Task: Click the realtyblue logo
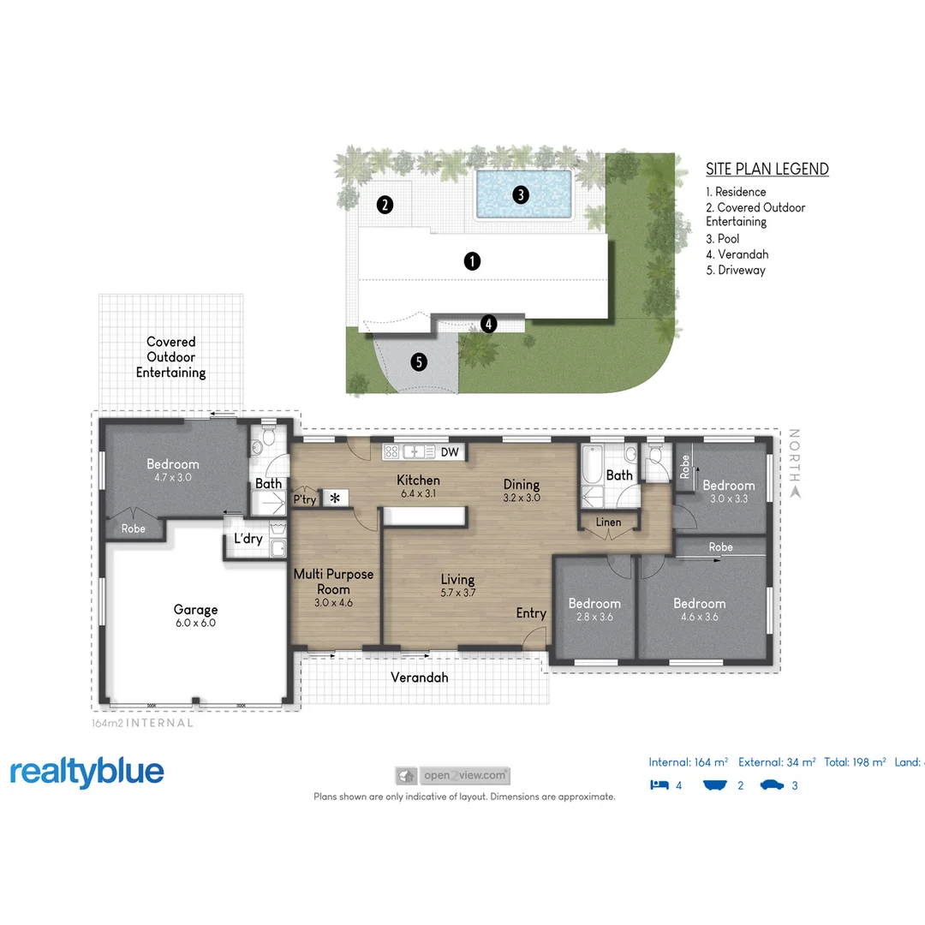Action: tap(87, 772)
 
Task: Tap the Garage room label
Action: tap(195, 610)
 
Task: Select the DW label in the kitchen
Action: tap(450, 451)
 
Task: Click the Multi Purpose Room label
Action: tap(333, 582)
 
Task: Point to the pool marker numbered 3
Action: tap(520, 194)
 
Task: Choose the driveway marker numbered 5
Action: tap(419, 361)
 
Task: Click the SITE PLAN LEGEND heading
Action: tap(767, 169)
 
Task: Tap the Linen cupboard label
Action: tap(608, 522)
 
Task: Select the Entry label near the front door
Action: tap(531, 613)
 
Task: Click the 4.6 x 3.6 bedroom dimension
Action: tap(700, 617)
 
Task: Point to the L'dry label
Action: tap(248, 539)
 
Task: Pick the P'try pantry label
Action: tap(304, 498)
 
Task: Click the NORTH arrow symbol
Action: tap(794, 492)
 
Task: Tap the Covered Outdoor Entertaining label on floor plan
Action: tap(171, 357)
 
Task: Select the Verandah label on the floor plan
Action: tap(420, 677)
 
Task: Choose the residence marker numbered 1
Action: tap(472, 261)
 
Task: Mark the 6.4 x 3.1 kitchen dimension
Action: tap(419, 494)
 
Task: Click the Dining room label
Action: tap(522, 484)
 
